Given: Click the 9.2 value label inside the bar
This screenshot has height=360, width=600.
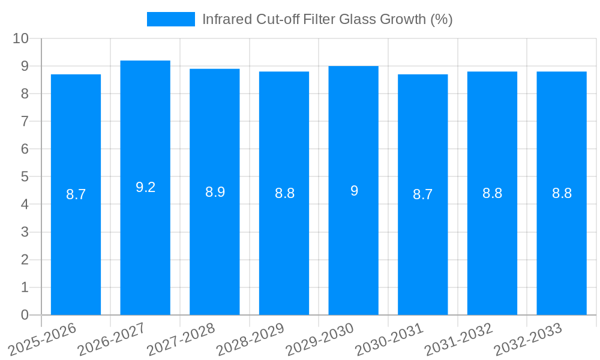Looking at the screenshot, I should tap(145, 187).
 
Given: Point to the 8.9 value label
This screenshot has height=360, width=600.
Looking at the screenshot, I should tap(215, 192).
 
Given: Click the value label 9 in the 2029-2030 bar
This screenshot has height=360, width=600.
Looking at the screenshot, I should tap(354, 191).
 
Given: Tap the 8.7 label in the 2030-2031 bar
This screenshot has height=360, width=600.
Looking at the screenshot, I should tap(423, 194).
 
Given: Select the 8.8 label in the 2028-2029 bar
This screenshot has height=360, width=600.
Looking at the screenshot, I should tap(284, 193).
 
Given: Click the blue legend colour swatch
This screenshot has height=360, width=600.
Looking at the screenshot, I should tap(171, 19).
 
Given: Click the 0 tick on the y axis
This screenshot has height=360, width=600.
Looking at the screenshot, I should tap(25, 315).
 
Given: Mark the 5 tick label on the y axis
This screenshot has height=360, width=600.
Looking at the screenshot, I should tap(25, 177).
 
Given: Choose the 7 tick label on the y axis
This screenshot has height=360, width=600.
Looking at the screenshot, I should tap(25, 121).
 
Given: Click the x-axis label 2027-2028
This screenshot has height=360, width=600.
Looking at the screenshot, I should tap(181, 339).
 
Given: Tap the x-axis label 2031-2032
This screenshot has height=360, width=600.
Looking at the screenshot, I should tap(458, 339).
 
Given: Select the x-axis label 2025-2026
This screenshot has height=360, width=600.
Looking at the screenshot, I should tap(42, 339).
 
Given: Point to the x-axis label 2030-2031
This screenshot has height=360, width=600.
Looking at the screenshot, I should tap(389, 339).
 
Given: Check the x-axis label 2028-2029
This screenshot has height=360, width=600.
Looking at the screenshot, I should tap(250, 339).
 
